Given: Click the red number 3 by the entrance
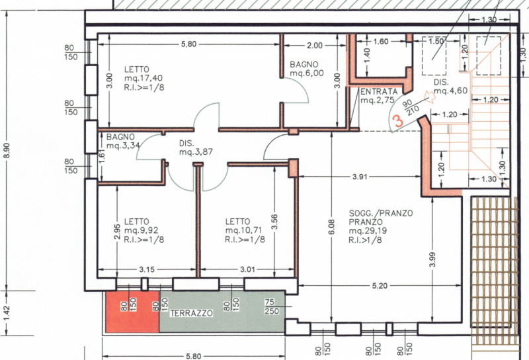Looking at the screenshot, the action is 399,121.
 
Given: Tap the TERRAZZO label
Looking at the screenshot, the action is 191,313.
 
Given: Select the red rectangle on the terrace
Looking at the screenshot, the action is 132,312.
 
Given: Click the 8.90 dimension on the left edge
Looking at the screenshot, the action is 7,150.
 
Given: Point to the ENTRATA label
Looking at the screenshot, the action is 379,91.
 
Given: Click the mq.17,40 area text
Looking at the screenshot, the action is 143,78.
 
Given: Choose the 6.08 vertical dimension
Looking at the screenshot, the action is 332,227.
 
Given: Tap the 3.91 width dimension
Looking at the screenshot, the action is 360,177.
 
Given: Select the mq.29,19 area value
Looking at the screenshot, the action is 368,231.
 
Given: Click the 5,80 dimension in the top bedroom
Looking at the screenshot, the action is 188,44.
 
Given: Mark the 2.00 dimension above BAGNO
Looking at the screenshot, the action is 315,45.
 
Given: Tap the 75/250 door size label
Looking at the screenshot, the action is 272,306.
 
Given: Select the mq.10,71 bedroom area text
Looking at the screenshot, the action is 245,230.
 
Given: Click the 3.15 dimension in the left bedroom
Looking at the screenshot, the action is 147,269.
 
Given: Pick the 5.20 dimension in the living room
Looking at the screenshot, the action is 380,286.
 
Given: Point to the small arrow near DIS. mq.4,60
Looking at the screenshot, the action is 429,96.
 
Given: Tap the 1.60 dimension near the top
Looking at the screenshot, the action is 381,42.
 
